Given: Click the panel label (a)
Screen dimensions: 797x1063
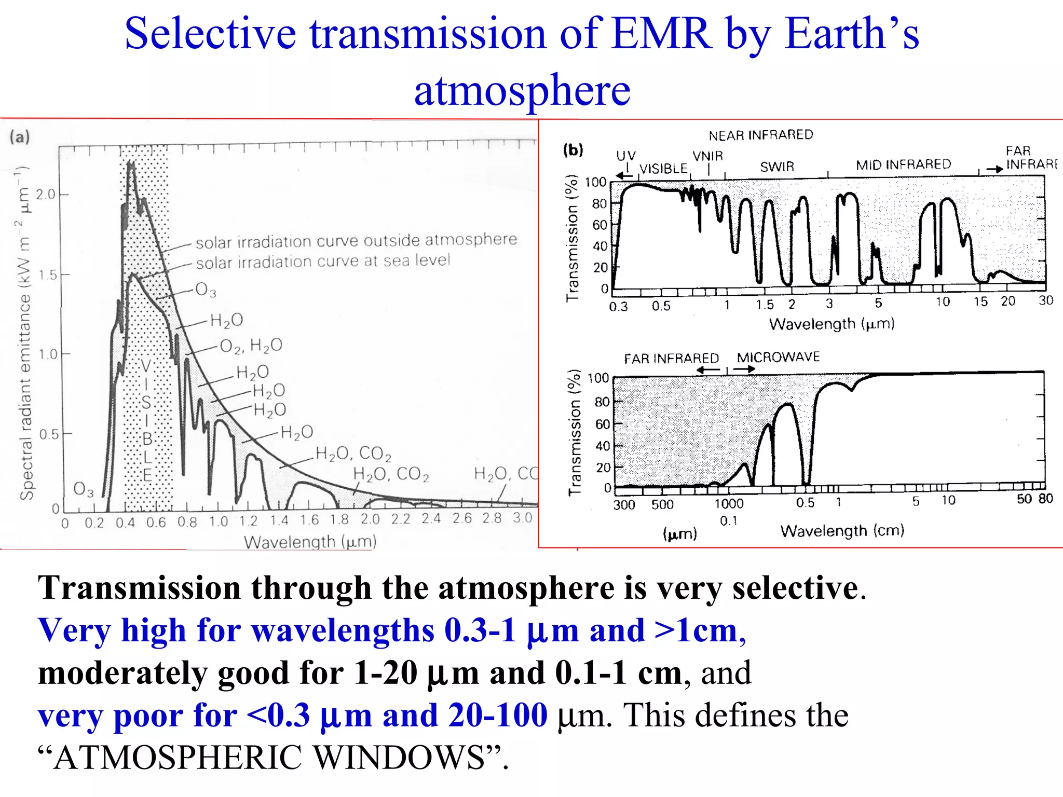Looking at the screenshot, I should pyautogui.click(x=20, y=137).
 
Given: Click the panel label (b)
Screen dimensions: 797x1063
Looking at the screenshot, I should pyautogui.click(x=573, y=150).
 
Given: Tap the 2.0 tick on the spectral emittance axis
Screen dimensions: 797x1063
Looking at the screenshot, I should pyautogui.click(x=45, y=195).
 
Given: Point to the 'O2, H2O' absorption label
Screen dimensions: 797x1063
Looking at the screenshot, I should pyautogui.click(x=251, y=346).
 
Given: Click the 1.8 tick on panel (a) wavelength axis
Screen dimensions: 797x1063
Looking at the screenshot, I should pyautogui.click(x=339, y=519).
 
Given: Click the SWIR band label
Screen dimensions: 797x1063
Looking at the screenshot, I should pyautogui.click(x=777, y=167).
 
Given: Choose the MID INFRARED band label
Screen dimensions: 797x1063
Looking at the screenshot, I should pyautogui.click(x=903, y=164).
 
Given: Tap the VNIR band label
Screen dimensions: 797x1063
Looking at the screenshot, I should pyautogui.click(x=707, y=156).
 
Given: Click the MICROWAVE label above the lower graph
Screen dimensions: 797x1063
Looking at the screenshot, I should pyautogui.click(x=778, y=357).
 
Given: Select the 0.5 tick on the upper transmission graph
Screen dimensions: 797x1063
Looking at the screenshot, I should pyautogui.click(x=661, y=306).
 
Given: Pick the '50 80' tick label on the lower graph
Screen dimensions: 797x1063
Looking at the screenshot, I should pyautogui.click(x=1034, y=499).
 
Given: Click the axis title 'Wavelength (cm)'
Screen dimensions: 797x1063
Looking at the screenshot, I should pyautogui.click(x=842, y=530).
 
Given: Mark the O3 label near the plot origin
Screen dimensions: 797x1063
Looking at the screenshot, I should pyautogui.click(x=83, y=489).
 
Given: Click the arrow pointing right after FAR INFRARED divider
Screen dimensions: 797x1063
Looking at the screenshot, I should pyautogui.click(x=744, y=369).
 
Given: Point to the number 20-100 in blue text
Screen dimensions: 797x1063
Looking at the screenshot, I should pyautogui.click(x=498, y=715).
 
